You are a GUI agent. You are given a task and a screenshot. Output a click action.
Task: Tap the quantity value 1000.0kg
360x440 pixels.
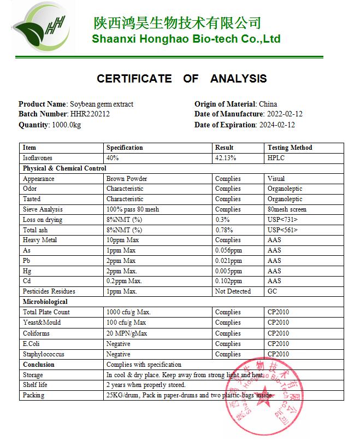coord(67,125)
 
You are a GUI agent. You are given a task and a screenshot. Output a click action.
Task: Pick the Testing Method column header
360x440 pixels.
coord(290,148)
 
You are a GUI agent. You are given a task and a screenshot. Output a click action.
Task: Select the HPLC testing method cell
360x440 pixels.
coord(276,158)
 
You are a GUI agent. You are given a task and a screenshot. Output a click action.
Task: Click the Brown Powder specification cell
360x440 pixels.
coord(127,179)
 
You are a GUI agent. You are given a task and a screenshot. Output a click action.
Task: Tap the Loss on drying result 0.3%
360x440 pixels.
coord(222,220)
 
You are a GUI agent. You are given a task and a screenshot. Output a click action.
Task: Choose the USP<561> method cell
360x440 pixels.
coord(282,230)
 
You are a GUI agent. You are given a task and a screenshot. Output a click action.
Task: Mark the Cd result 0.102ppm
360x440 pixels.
coord(228,281)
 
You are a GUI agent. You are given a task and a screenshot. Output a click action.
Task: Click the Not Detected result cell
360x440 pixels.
coord(233,292)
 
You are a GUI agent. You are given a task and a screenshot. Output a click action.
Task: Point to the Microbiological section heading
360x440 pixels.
coord(45,302)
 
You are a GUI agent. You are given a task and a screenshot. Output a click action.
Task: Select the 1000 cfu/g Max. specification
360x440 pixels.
coord(128,312)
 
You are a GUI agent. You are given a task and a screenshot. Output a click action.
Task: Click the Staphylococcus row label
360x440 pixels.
coord(44,354)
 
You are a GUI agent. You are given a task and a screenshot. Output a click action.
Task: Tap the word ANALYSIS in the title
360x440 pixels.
coord(238,79)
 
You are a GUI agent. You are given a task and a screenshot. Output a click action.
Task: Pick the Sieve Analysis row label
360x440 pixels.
coord(43,209)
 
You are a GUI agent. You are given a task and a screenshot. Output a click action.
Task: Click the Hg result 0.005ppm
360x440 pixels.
coord(228,271)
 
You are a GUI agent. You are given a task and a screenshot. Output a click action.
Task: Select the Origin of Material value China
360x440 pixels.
coord(268,104)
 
